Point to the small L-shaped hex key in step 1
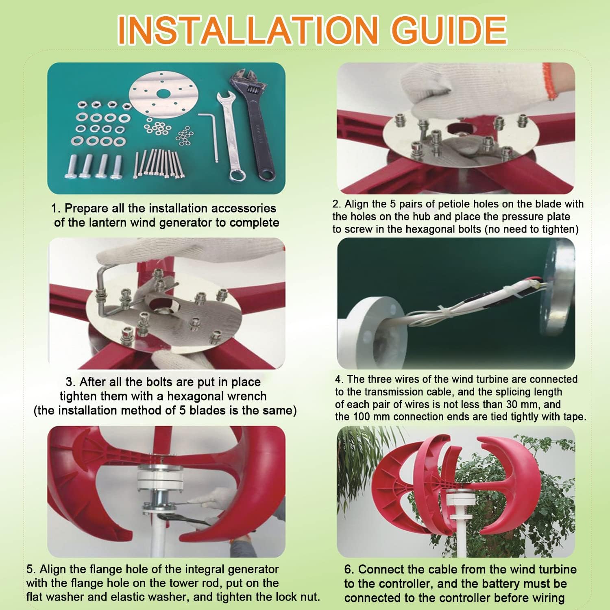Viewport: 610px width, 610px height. pyautogui.click(x=210, y=134)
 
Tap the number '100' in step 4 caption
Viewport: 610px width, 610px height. pyautogui.click(x=362, y=417)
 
